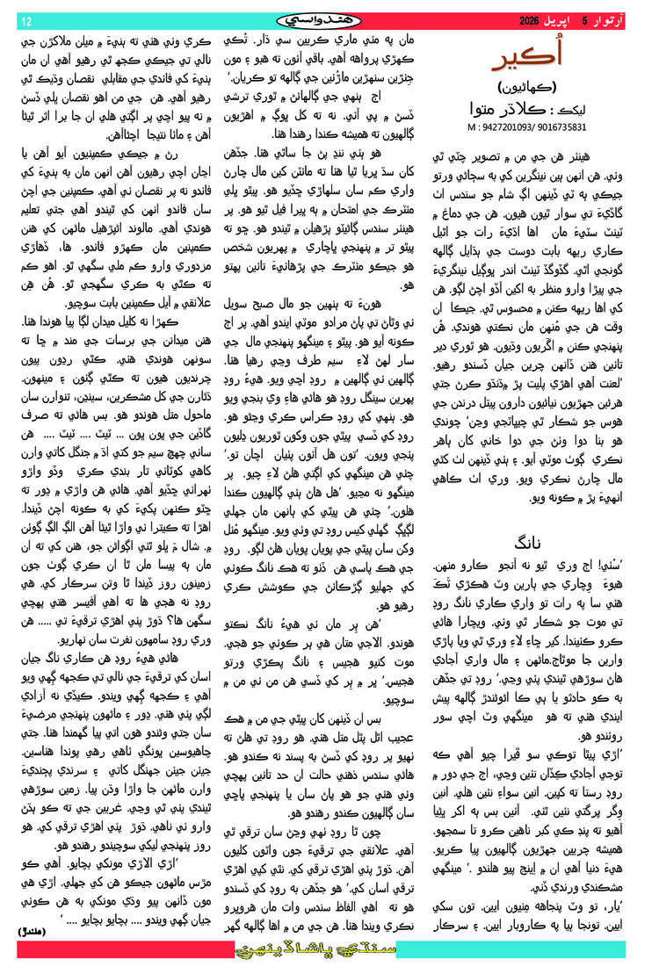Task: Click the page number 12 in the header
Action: [x=25, y=19]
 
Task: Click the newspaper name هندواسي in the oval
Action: [x=330, y=17]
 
